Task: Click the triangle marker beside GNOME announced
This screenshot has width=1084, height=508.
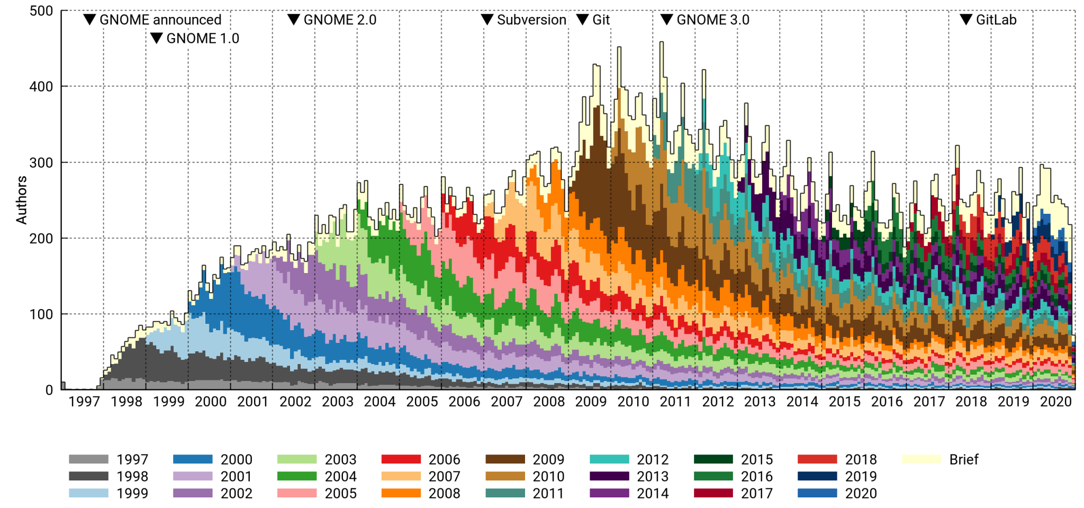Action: (90, 20)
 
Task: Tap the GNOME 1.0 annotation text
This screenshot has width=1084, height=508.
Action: (203, 39)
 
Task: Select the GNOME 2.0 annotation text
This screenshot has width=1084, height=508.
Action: (340, 20)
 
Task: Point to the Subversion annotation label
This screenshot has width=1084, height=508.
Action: (531, 20)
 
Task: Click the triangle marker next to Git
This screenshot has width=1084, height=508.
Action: (582, 20)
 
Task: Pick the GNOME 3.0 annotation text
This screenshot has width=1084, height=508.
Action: (713, 20)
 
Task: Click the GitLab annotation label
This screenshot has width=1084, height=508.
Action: (996, 20)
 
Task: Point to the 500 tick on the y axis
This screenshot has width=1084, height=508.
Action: (41, 11)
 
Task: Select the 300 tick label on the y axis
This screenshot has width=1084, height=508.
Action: (41, 163)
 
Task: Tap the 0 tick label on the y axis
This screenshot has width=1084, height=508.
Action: (49, 391)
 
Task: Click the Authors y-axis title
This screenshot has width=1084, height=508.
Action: (21, 200)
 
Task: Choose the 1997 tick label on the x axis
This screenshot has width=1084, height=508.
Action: (84, 402)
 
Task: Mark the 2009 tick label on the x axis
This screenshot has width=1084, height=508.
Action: (591, 402)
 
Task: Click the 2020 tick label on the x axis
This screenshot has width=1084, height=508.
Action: (1055, 402)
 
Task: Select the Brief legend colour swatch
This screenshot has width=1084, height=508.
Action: (922, 459)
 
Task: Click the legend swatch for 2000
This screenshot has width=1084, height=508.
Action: (193, 459)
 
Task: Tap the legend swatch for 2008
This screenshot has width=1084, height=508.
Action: (401, 493)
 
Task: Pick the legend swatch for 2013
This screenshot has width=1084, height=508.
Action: (609, 476)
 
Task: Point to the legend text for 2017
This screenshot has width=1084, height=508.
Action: (756, 493)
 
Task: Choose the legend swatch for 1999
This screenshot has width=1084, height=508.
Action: (88, 493)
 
